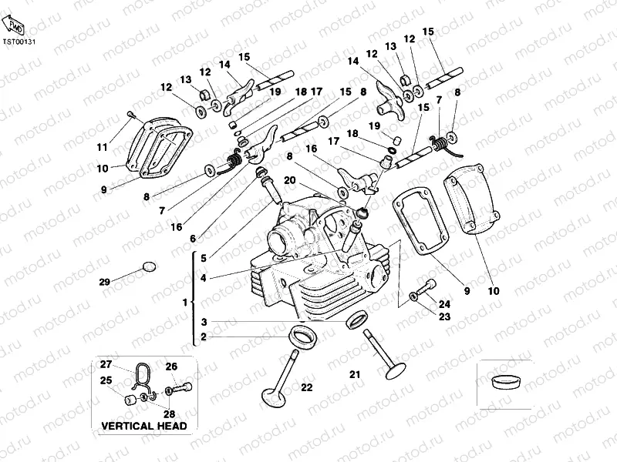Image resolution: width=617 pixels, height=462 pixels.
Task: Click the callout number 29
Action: pos(105,282)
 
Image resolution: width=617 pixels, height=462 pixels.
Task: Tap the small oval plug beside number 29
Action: pos(148,266)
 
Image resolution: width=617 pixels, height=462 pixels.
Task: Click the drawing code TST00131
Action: pos(19,42)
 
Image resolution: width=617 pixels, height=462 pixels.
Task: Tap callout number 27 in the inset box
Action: pos(106,364)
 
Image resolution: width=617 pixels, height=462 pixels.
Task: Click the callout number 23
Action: pos(443,316)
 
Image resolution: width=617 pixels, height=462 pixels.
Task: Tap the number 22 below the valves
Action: pos(306,387)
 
